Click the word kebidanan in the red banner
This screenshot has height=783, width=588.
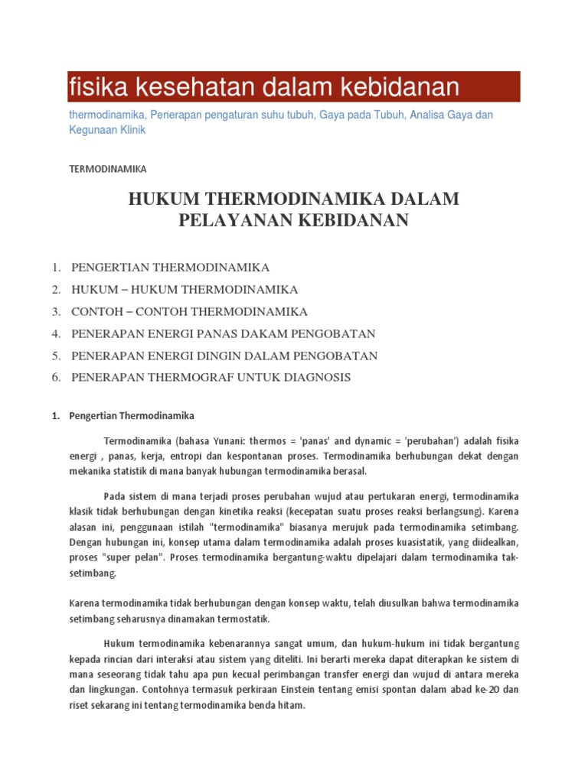[x=397, y=87]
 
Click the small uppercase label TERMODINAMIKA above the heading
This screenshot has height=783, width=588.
[x=107, y=168]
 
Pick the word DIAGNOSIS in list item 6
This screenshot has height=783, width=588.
[x=316, y=377]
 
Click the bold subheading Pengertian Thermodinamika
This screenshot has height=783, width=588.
[x=132, y=416]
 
